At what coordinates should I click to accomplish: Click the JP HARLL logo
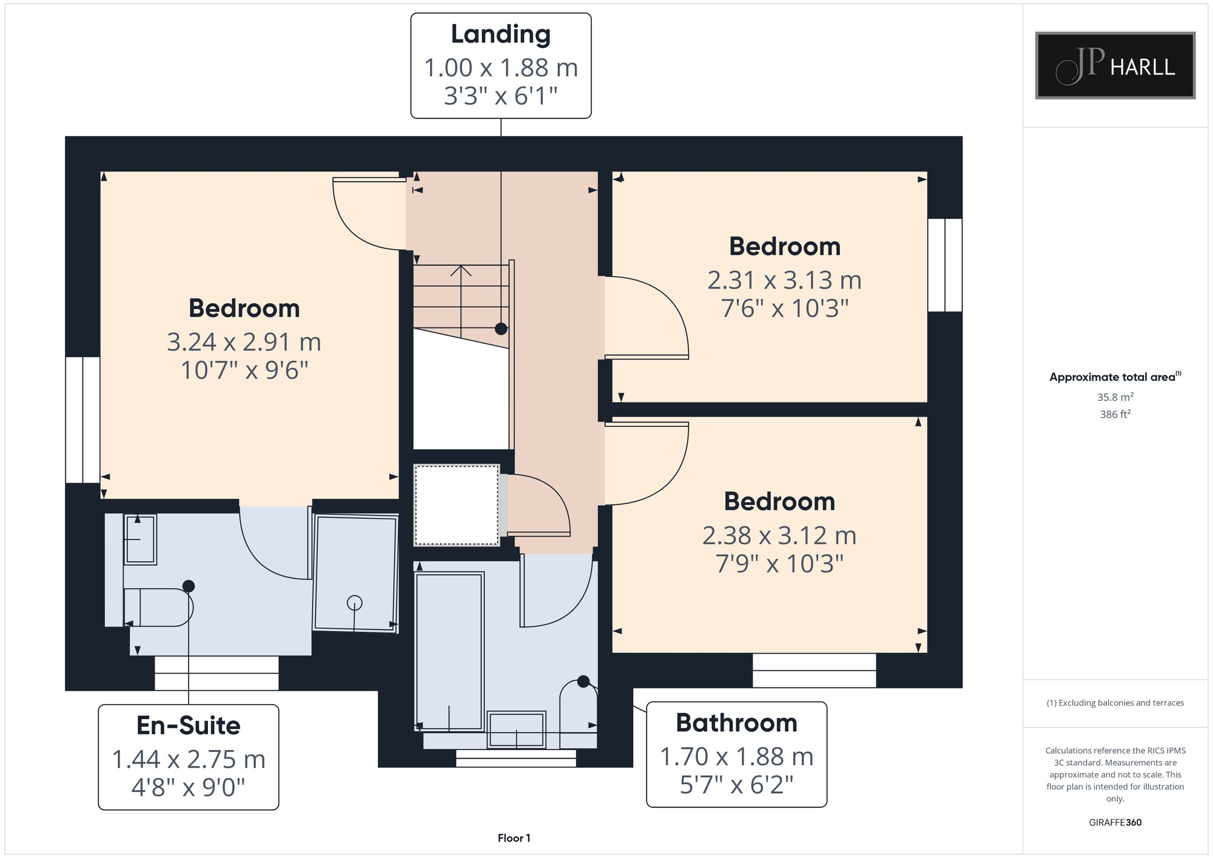coord(1115,65)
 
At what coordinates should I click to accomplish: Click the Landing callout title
coord(500,34)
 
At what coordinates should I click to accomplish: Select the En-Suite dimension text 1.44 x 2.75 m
coord(189,759)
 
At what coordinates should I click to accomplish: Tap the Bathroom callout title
coord(736,723)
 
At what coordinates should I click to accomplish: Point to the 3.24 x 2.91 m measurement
coord(244,342)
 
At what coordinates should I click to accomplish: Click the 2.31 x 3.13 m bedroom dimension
coord(784,280)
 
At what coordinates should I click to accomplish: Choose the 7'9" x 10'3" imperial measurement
coord(779,564)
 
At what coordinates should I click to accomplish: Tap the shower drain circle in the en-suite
coord(355,603)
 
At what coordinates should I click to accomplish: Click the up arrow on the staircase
coord(461,271)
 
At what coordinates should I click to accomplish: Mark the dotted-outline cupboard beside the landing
coord(457,505)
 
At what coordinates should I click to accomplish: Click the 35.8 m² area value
coord(1115,397)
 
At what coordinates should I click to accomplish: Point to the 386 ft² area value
coord(1115,415)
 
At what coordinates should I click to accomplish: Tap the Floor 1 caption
coord(514,838)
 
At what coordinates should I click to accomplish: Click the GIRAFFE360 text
coord(1115,823)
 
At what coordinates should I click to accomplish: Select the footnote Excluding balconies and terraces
coord(1115,703)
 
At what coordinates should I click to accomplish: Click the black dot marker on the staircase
coord(501,329)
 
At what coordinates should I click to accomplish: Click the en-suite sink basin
coord(140,539)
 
